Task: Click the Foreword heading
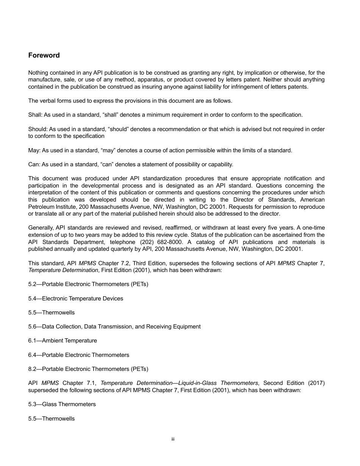[x=44, y=55]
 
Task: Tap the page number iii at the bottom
[x=173, y=439]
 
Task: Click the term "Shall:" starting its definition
[x=35, y=115]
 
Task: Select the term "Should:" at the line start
[x=38, y=129]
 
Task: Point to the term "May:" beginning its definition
[x=34, y=150]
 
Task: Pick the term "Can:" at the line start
[x=34, y=164]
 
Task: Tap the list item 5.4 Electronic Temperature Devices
[x=76, y=299]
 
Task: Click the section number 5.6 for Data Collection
[x=33, y=327]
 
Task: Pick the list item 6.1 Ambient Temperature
[x=63, y=341]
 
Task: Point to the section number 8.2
[x=33, y=369]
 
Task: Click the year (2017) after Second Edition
[x=316, y=383]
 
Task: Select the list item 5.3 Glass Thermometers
[x=62, y=404]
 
